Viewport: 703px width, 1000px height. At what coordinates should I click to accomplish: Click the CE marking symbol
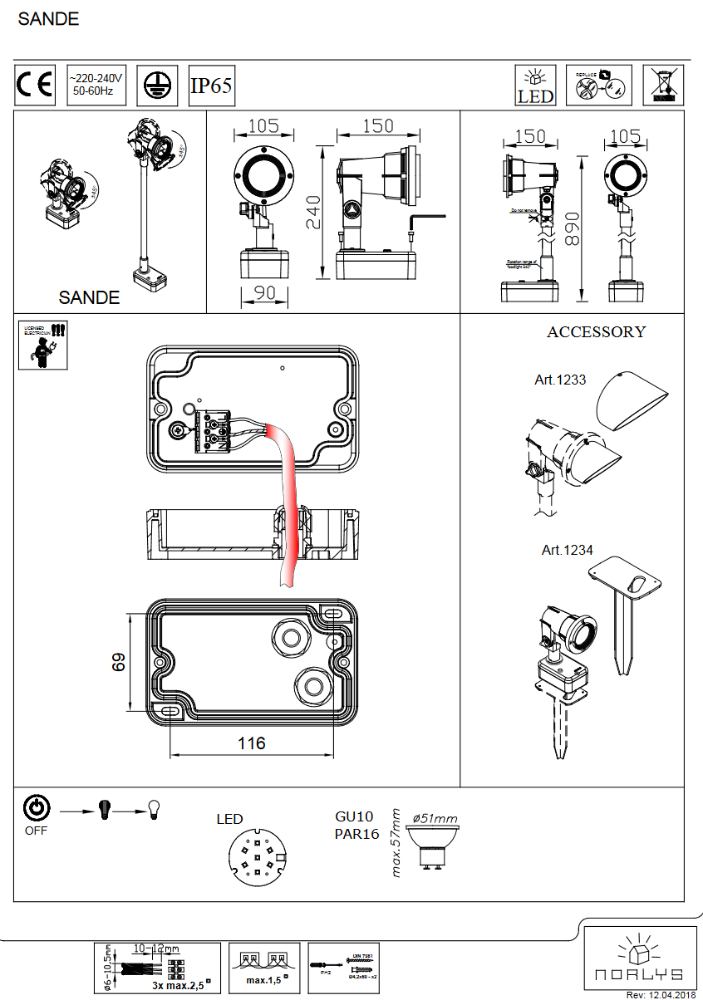point(35,86)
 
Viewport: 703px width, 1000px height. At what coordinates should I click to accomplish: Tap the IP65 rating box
point(212,86)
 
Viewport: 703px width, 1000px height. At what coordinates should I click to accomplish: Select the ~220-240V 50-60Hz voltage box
point(96,86)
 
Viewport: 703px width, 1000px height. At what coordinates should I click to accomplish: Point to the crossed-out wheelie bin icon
point(665,85)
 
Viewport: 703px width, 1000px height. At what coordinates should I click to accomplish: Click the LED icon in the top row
point(536,86)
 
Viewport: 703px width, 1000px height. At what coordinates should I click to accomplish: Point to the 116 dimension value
point(251,743)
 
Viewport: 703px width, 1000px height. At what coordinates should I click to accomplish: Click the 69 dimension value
point(118,662)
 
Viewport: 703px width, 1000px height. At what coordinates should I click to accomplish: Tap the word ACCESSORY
point(596,332)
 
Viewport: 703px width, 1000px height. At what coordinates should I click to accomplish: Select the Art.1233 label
point(560,380)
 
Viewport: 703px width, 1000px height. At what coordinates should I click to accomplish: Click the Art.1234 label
point(568,550)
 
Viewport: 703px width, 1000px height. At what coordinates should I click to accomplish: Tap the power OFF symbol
point(37,808)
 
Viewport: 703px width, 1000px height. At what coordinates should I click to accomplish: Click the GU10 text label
point(353,817)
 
